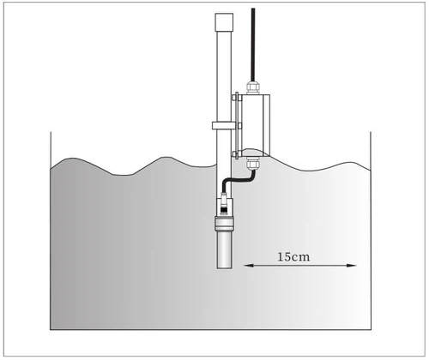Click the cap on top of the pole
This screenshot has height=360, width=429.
click(x=224, y=22)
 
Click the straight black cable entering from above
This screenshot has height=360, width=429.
click(x=253, y=45)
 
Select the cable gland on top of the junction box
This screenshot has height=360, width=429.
click(x=253, y=87)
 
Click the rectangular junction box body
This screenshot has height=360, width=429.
click(x=255, y=124)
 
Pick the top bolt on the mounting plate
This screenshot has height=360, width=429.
click(x=234, y=98)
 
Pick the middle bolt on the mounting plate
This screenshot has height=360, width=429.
click(x=239, y=125)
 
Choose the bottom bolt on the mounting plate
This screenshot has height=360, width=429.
click(x=234, y=154)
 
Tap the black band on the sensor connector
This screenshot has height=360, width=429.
click(x=224, y=210)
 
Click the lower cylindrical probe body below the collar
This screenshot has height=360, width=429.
click(x=224, y=249)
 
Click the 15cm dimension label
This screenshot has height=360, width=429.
click(x=293, y=257)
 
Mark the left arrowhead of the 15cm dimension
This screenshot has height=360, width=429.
click(x=248, y=266)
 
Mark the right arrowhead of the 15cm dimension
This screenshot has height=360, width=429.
click(x=353, y=266)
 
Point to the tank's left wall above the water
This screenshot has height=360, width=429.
click(x=51, y=150)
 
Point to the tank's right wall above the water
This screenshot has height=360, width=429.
click(x=371, y=152)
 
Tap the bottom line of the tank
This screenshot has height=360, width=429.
click(x=211, y=330)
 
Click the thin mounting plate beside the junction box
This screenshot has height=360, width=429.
click(x=237, y=126)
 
